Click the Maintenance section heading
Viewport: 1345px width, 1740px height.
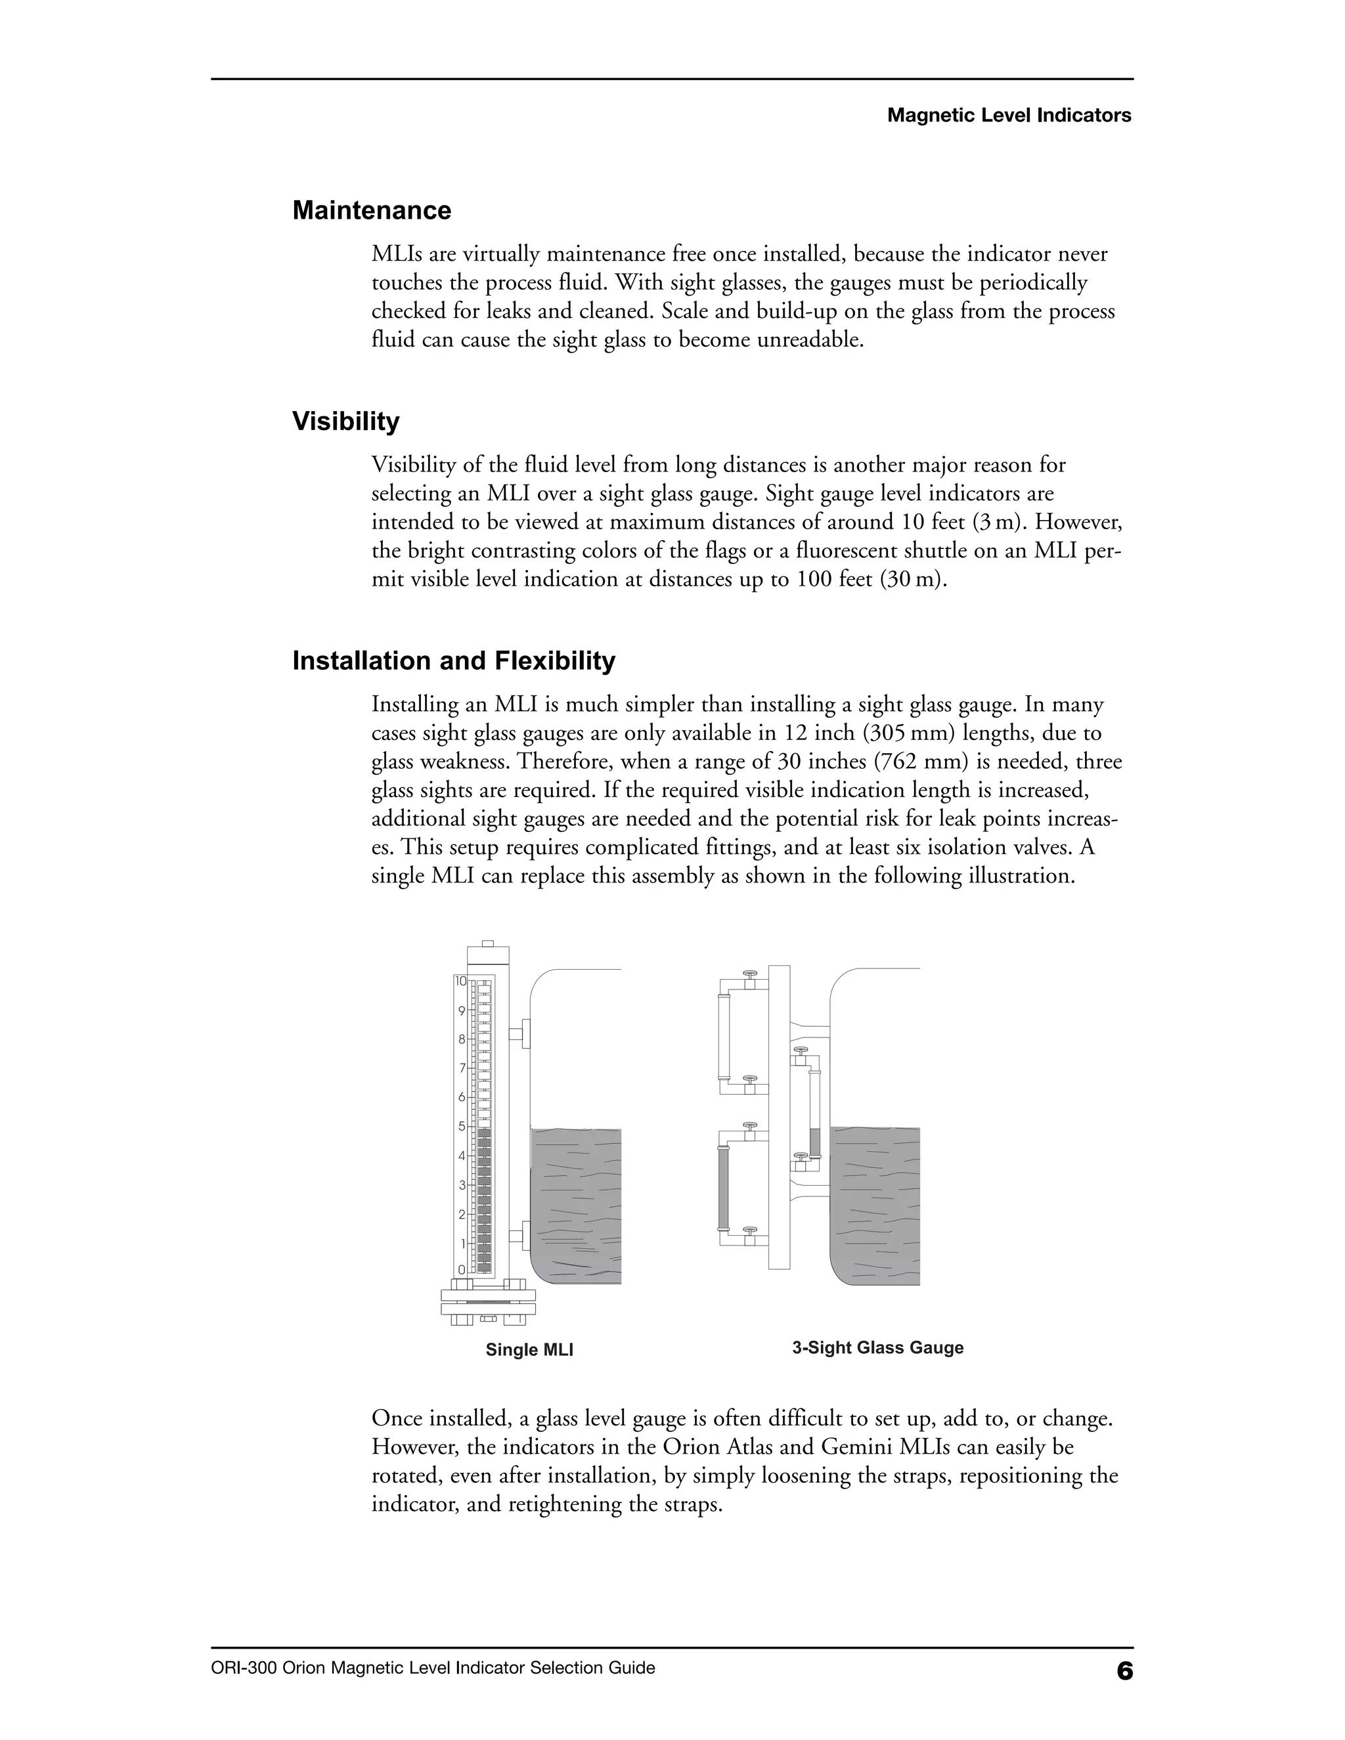(371, 210)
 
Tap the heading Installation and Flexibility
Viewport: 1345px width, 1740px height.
(453, 661)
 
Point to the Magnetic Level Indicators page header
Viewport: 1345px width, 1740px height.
(1009, 116)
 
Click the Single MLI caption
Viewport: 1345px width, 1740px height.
(529, 1349)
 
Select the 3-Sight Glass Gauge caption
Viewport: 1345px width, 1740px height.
(877, 1348)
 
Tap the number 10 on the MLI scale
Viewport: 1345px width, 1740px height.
(460, 982)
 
